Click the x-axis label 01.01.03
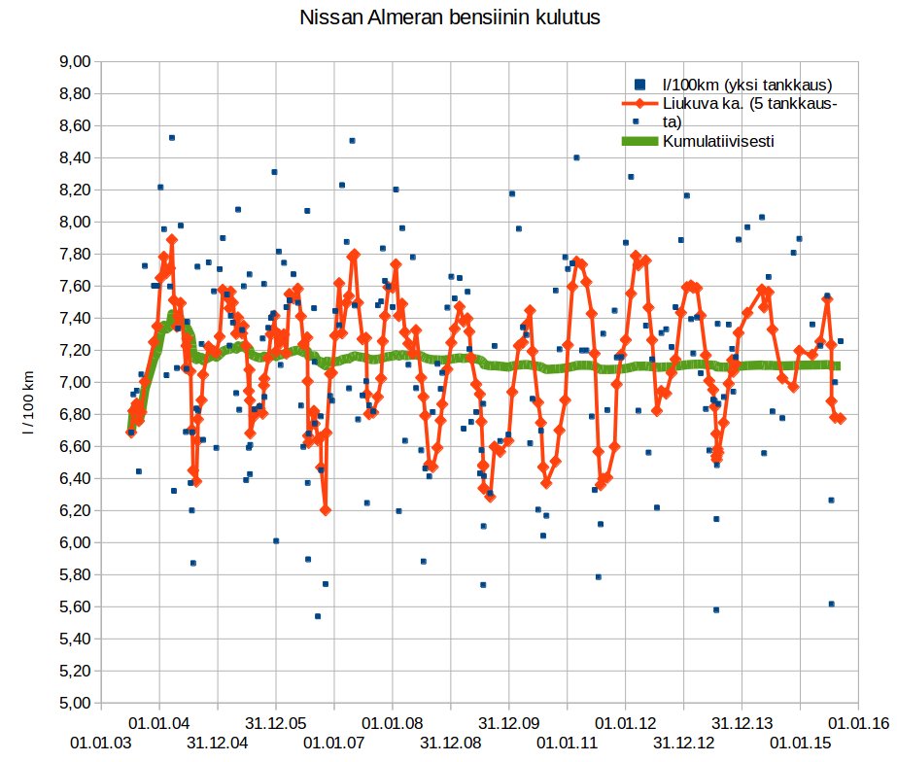tap(101, 742)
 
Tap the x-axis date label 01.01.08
tap(393, 723)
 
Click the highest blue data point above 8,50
tap(171, 138)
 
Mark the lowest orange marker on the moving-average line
tap(326, 509)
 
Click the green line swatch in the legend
tap(640, 141)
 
